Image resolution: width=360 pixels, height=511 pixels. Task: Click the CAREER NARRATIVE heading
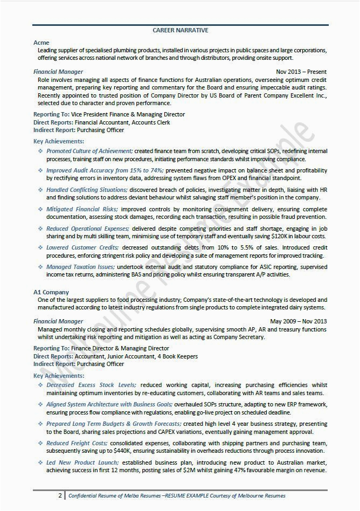180,31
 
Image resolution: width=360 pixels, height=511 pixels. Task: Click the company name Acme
41,43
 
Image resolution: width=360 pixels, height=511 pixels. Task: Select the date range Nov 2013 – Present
301,72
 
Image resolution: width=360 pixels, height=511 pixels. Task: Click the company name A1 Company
51,292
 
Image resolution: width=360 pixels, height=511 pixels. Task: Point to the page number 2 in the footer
60,495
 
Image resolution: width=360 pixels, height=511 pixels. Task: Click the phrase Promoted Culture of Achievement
89,151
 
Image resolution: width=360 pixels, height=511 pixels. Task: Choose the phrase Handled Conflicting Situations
87,190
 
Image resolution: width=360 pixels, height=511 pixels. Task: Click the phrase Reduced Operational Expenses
88,229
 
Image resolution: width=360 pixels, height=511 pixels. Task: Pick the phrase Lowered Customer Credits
82,247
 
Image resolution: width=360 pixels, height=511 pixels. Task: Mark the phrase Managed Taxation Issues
80,267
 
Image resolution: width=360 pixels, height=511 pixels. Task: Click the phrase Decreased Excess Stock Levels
91,385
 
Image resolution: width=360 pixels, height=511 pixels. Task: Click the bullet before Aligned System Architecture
40,404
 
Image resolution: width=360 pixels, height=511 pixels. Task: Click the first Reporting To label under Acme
51,114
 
